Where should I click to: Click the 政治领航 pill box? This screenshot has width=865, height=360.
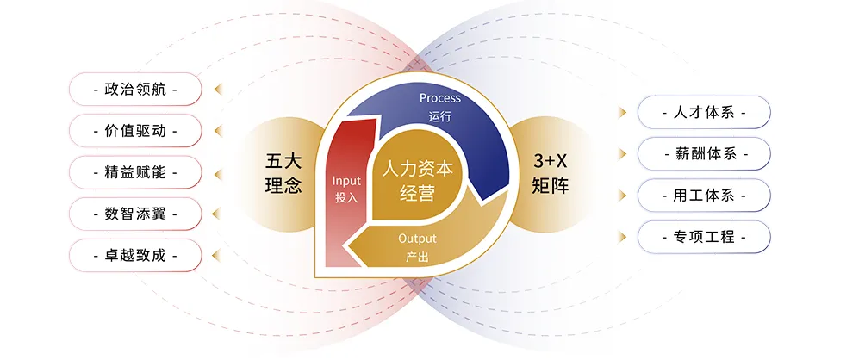(135, 89)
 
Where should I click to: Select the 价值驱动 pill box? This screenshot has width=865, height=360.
(135, 131)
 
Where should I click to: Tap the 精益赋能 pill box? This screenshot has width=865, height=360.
(135, 172)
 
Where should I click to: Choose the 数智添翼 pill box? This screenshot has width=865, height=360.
(135, 214)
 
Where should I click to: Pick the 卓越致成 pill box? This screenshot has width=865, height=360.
(135, 256)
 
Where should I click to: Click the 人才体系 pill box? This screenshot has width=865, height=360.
(703, 113)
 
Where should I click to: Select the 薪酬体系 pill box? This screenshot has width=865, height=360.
(703, 154)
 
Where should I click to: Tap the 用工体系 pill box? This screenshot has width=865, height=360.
(703, 196)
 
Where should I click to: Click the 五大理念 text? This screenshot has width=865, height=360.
(283, 173)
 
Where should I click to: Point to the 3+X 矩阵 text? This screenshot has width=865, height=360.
(551, 173)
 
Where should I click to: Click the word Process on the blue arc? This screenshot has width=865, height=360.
(439, 98)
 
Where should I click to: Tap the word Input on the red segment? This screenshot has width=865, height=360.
(346, 181)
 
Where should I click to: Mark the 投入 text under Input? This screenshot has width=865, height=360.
(346, 197)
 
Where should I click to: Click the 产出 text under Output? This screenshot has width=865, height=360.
(417, 257)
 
